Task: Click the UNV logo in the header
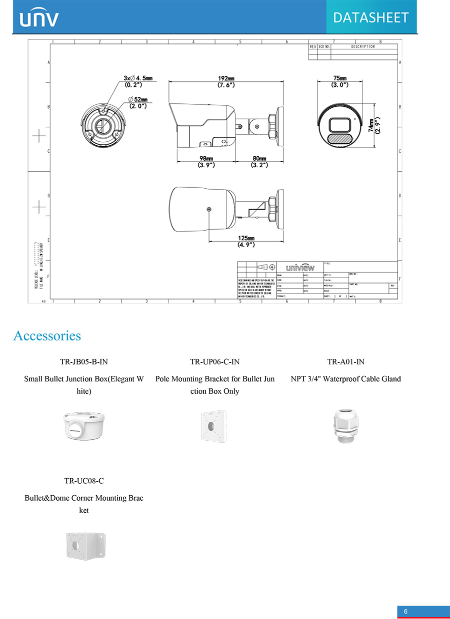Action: (x=38, y=18)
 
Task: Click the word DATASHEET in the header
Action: (x=370, y=17)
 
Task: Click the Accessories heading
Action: (x=47, y=335)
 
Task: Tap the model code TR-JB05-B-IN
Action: (x=83, y=361)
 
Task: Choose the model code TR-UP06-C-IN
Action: (x=214, y=361)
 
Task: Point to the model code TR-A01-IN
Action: (x=345, y=361)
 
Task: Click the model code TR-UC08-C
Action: (x=83, y=481)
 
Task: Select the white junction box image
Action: (x=83, y=426)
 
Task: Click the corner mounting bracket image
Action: (x=85, y=546)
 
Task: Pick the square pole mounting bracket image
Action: (x=213, y=426)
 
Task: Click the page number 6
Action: (x=405, y=612)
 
